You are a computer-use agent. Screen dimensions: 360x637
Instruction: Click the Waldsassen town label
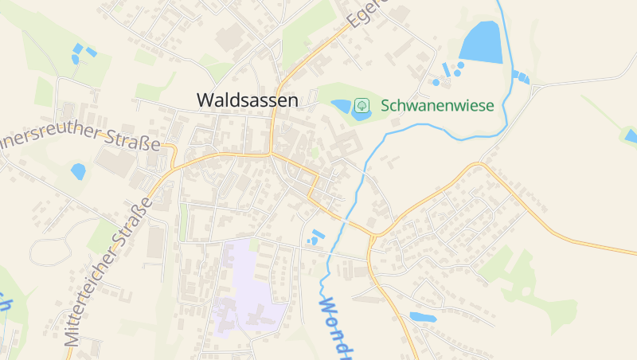click(248, 100)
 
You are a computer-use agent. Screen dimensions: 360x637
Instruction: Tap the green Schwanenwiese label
click(437, 105)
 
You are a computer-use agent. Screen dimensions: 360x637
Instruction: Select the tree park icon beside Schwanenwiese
click(361, 105)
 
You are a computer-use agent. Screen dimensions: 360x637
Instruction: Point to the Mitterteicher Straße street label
click(109, 270)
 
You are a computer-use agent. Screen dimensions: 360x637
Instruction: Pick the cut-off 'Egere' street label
click(367, 14)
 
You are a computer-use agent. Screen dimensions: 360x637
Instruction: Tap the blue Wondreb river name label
click(337, 327)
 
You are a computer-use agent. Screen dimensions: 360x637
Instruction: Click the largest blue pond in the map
click(481, 42)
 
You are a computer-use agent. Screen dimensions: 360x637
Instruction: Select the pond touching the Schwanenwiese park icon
click(343, 106)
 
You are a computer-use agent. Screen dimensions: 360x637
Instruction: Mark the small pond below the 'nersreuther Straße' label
click(78, 170)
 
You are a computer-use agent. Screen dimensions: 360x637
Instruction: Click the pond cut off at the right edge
click(631, 135)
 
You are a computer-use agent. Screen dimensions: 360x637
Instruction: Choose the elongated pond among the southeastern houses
click(423, 317)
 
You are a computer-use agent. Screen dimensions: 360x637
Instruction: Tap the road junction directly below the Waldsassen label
click(272, 152)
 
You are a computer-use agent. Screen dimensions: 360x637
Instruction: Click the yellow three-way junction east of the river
click(372, 237)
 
